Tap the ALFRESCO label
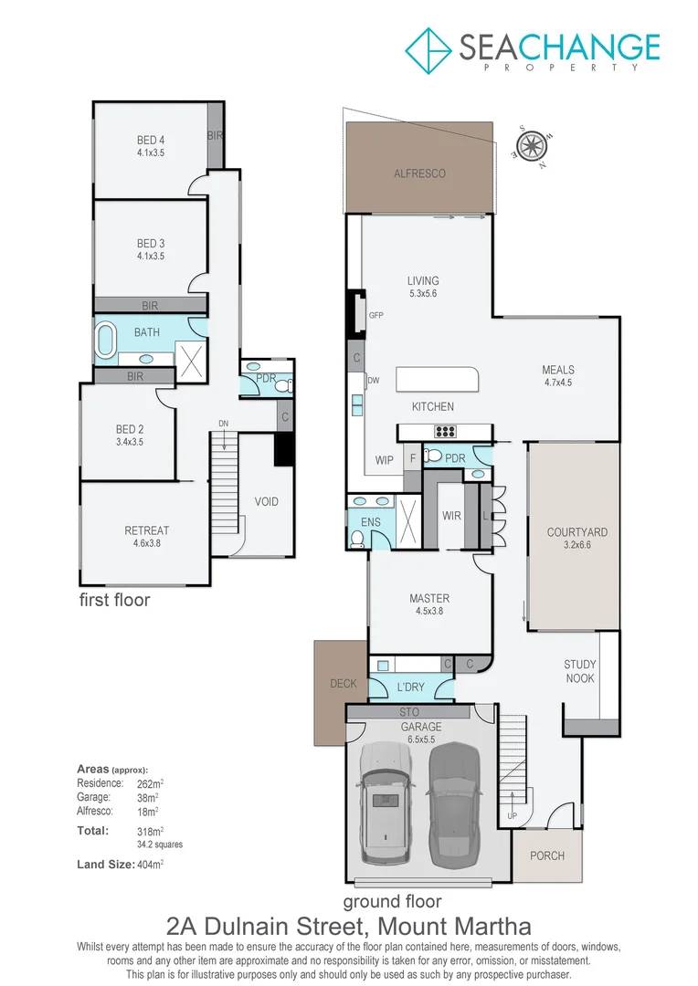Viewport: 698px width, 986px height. tap(419, 173)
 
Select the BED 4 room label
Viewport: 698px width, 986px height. tap(150, 140)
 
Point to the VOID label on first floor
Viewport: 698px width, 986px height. tap(267, 502)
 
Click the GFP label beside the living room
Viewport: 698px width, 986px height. tap(375, 315)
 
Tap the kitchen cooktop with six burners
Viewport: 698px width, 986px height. tap(445, 432)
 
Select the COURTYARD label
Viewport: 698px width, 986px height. tap(576, 532)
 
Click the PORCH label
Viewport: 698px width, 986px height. tap(547, 855)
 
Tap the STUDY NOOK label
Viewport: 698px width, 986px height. tap(579, 671)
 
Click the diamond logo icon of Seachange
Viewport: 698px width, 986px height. tap(428, 49)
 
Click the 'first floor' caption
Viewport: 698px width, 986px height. tap(114, 600)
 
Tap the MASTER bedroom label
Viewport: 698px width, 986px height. tap(429, 599)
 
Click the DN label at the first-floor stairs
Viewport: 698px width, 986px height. tap(222, 423)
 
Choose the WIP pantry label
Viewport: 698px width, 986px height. tap(384, 460)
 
